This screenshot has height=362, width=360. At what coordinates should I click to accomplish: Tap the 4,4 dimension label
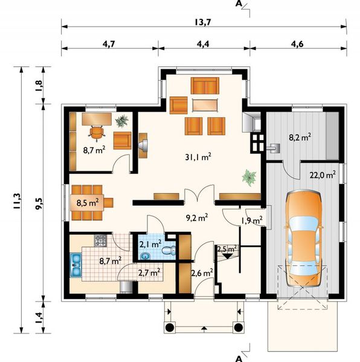(x=203, y=44)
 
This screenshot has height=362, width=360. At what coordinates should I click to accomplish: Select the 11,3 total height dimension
(x=18, y=200)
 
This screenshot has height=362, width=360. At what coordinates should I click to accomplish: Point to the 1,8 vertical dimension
(x=39, y=85)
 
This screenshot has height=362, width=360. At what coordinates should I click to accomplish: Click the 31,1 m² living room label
(x=198, y=157)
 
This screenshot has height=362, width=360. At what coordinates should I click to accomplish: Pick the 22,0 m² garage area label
(x=323, y=175)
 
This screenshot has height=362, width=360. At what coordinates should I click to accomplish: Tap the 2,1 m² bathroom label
(x=150, y=244)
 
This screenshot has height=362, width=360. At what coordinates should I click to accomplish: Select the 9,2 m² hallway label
(x=197, y=217)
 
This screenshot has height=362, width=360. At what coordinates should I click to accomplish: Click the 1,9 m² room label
(x=252, y=220)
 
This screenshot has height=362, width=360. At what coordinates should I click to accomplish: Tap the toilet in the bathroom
(x=169, y=250)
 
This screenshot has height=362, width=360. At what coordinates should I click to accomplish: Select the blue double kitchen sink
(x=76, y=265)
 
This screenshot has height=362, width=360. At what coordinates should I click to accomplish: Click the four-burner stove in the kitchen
(x=100, y=241)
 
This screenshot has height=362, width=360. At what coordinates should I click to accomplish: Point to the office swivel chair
(x=96, y=133)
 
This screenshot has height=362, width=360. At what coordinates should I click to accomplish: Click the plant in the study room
(x=122, y=121)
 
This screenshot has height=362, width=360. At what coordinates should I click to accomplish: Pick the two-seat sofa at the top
(x=205, y=86)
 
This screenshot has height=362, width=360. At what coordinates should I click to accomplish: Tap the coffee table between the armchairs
(x=205, y=105)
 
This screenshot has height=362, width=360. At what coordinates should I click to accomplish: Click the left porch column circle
(x=170, y=327)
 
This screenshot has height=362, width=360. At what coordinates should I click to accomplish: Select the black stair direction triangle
(x=228, y=256)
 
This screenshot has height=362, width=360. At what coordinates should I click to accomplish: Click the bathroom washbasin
(x=145, y=256)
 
